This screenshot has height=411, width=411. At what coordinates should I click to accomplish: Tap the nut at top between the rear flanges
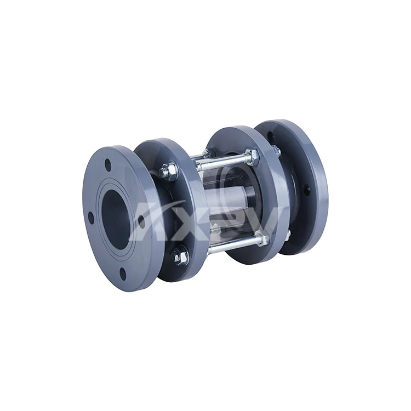point(277,151)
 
